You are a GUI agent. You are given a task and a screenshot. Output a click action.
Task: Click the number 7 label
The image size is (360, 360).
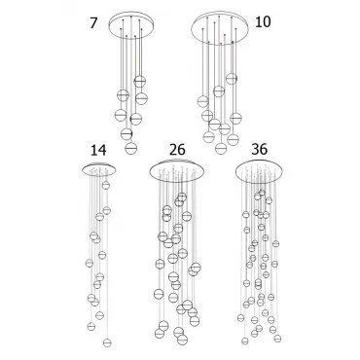point(93,23)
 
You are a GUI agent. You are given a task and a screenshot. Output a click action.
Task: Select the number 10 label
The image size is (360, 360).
point(263,22)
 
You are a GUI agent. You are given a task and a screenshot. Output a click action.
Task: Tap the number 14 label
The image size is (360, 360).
point(98,150)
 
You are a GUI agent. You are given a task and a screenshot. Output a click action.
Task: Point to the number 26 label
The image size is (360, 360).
point(177,150)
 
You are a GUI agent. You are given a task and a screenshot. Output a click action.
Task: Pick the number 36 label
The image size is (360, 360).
point(260,149)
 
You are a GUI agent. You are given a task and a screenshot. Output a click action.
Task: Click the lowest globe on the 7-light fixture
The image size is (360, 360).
point(130,148)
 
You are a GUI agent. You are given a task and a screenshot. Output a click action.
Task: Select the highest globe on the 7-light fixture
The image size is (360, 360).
point(140,81)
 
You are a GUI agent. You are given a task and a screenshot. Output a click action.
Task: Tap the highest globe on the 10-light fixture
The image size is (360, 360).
point(232,79)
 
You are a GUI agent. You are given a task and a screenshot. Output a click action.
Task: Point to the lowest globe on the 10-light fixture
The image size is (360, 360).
point(221,148)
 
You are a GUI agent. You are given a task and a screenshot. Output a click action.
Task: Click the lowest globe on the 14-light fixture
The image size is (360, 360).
point(107,342)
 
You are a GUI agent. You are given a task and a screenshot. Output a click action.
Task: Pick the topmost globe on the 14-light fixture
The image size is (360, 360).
point(105,185)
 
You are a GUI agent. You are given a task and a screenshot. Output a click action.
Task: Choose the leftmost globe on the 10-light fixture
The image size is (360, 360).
point(203,101)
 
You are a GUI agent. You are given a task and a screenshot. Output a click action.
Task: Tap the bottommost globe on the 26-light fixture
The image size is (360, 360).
point(183,340)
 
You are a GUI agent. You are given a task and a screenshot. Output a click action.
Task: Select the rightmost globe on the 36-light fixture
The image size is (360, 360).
point(277,339)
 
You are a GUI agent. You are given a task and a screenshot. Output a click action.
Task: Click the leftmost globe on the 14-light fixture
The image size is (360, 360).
point(90,263)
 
